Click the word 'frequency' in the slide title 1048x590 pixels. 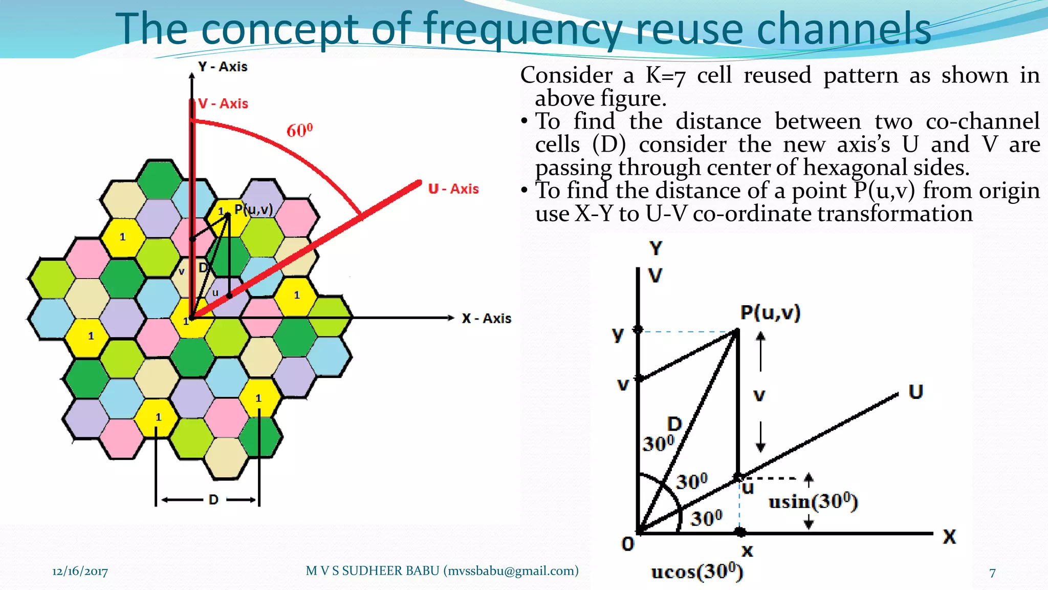(522, 30)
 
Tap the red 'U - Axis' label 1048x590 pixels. (453, 189)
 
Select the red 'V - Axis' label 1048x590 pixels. (223, 104)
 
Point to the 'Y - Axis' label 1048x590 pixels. (223, 67)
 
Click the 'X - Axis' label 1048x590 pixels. (486, 319)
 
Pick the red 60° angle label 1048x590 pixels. (299, 131)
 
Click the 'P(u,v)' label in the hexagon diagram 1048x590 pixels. (253, 209)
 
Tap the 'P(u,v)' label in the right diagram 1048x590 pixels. (770, 312)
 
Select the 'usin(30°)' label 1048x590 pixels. (813, 501)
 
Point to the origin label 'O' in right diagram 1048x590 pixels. (628, 544)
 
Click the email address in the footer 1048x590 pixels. (512, 571)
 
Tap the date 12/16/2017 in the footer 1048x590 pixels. (80, 572)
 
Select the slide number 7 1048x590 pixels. (992, 573)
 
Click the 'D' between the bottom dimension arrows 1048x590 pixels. (213, 500)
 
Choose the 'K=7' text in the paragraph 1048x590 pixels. (665, 76)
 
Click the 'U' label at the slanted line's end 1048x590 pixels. (915, 392)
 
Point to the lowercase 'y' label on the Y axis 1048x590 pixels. (618, 334)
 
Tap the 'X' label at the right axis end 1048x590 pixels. (949, 537)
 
